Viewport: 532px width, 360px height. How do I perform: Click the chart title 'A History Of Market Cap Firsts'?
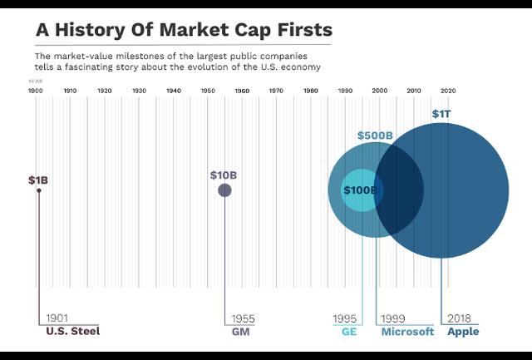[183, 29]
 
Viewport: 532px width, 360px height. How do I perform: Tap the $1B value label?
[38, 180]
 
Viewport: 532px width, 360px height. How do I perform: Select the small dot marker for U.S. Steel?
[38, 190]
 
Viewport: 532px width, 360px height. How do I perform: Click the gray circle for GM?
[224, 190]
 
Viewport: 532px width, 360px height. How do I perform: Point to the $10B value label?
[224, 175]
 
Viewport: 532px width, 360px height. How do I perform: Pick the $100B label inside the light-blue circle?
[361, 190]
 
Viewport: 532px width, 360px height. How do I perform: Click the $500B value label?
[376, 136]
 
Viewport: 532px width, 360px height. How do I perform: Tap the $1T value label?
[442, 113]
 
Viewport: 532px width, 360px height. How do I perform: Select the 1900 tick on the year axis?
[35, 90]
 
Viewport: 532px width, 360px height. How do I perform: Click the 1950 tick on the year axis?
[207, 90]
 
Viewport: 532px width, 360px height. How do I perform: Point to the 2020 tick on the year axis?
[447, 90]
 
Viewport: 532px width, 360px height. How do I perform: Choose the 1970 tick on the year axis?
[276, 90]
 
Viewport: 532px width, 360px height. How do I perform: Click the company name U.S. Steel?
[73, 332]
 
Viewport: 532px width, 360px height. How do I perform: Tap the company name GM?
[239, 332]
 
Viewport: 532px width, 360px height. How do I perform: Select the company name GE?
[349, 332]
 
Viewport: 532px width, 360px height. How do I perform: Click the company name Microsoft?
[407, 332]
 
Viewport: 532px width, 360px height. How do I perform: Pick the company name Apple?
[463, 332]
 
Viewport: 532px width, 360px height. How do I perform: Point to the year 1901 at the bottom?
[57, 318]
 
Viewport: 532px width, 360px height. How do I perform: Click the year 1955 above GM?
[243, 318]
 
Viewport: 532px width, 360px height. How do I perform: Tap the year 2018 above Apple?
[459, 318]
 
